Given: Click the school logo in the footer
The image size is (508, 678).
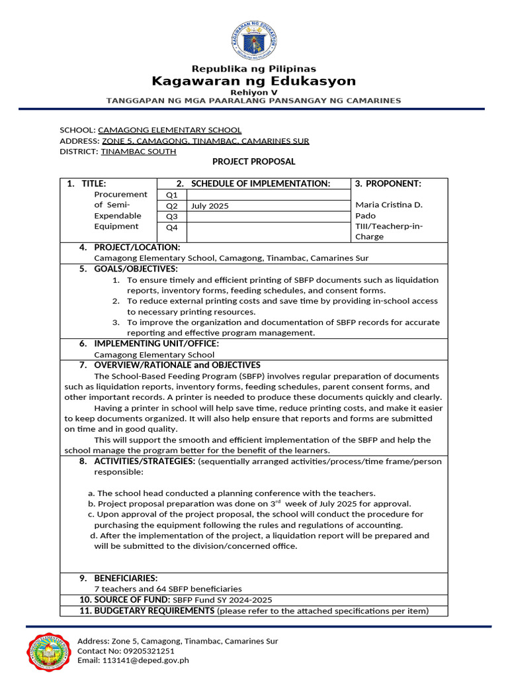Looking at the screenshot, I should tap(50, 650).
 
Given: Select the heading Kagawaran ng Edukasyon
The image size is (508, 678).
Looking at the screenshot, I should tap(254, 81).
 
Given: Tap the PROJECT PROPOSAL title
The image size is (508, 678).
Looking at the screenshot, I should tap(254, 162).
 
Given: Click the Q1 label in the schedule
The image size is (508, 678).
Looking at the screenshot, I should tap(172, 195).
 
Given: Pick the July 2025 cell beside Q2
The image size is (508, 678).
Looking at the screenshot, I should tap(210, 206).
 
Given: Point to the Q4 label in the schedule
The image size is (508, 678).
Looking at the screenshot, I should tap(172, 227).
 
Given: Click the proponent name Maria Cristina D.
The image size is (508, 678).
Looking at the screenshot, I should tap(389, 205).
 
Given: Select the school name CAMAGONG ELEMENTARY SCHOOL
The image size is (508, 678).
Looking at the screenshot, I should tap(169, 130).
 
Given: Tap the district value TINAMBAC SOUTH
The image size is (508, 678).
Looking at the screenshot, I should tap(138, 151).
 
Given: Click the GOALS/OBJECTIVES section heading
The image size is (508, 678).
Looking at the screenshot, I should tap(136, 269).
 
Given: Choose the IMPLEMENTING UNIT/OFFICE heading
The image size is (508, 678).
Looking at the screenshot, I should tap(156, 344).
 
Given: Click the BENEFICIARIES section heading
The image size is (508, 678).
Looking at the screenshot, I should tap(126, 578).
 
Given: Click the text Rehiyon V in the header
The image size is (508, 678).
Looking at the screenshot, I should tap(254, 92).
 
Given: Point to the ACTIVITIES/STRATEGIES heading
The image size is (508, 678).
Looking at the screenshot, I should tap(144, 461).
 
